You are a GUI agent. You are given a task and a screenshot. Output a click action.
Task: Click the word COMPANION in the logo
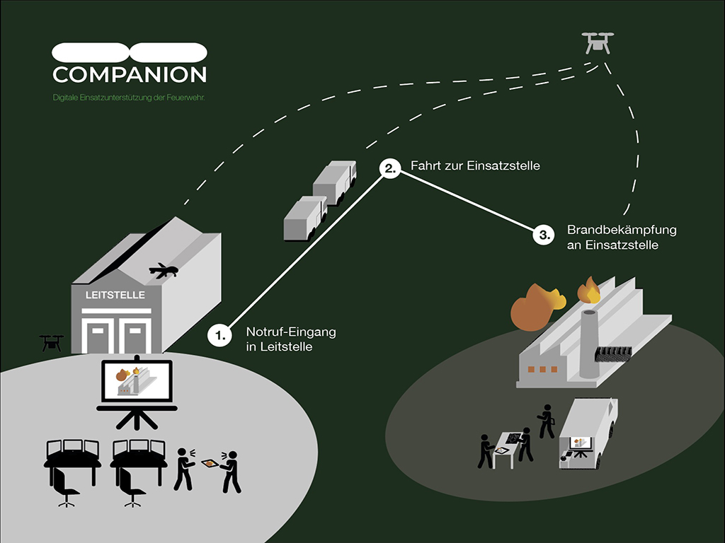click(x=130, y=74)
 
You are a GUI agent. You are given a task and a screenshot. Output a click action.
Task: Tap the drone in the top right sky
click(x=597, y=43)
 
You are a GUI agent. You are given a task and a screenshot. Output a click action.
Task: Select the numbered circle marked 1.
click(x=220, y=335)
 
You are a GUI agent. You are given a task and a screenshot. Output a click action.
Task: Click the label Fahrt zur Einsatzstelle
click(x=475, y=166)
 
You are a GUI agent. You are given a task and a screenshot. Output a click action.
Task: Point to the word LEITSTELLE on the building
click(x=115, y=295)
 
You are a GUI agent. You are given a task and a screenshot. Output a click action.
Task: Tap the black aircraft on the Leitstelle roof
click(x=164, y=270)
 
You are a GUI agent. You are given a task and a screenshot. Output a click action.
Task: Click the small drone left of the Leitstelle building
click(x=52, y=342)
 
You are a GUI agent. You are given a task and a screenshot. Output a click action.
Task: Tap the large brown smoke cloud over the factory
click(x=537, y=307)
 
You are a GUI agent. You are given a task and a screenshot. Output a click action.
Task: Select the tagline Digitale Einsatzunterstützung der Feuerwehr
click(x=129, y=97)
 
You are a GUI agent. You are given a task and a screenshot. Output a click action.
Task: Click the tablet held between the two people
click(x=210, y=464)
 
